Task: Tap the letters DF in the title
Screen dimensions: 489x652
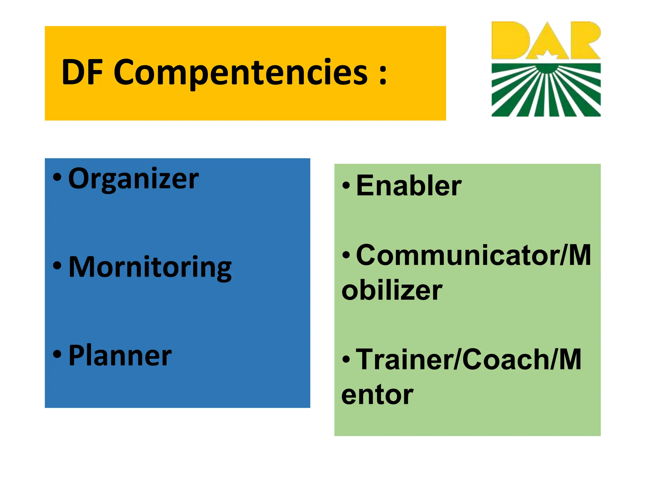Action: point(82,73)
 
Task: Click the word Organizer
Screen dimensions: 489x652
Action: point(133,179)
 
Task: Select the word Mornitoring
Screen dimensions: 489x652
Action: point(150,267)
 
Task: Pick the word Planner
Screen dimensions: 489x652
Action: point(120,356)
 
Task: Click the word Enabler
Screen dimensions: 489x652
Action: point(409,186)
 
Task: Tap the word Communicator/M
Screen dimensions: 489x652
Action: point(473,255)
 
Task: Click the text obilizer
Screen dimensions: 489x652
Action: point(392,290)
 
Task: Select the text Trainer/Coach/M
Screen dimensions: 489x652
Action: point(469,360)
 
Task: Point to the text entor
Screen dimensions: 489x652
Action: point(377,395)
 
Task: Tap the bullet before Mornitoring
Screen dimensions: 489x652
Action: point(57,266)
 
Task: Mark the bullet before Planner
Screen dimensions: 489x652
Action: point(57,354)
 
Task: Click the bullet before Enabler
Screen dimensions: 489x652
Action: point(346,186)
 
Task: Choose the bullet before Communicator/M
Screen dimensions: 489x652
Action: point(346,255)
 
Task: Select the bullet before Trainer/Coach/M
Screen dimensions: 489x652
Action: point(346,359)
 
